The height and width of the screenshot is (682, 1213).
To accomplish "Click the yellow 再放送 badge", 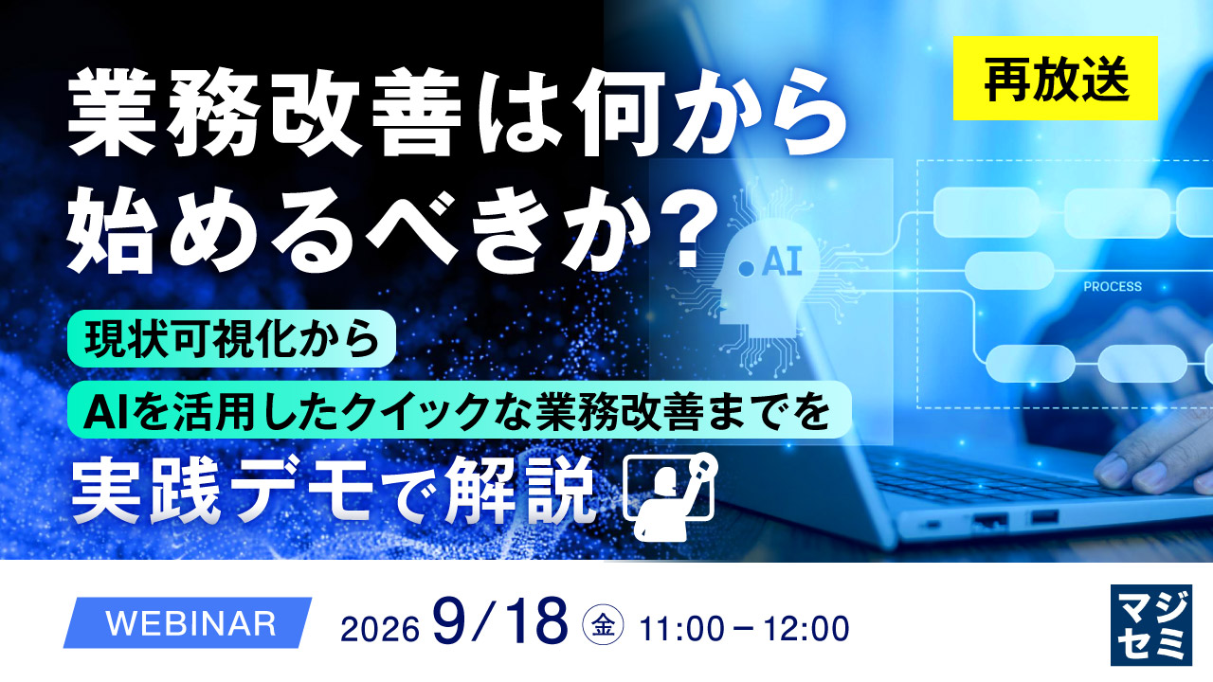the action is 1056,78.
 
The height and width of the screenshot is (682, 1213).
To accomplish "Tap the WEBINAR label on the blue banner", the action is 191,623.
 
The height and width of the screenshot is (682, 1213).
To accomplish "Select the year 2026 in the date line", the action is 380,630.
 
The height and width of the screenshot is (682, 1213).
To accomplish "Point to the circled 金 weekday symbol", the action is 603,627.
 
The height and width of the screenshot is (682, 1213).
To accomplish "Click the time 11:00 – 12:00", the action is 745,629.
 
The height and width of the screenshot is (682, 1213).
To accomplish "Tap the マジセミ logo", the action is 1151,625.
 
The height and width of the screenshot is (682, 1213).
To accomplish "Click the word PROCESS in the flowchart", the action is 1113,286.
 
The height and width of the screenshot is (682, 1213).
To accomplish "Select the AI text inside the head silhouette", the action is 781,263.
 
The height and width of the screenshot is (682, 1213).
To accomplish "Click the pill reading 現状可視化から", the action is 231,339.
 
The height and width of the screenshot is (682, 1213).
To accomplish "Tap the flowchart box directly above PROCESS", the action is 1009,271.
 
